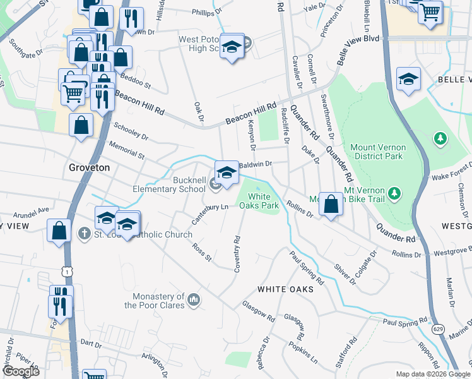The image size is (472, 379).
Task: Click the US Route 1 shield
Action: pos(66,270)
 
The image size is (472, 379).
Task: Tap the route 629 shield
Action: pos(437,329)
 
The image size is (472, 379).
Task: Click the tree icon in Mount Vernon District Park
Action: pos(440,138)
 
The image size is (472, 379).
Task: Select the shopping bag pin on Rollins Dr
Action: pos(330,204)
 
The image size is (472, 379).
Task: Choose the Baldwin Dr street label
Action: pos(256,164)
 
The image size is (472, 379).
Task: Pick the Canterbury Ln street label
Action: pos(209,214)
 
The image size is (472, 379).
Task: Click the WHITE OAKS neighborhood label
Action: pos(285,289)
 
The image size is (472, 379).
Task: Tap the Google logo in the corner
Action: pos(20,371)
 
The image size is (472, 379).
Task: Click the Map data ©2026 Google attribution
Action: pos(432,374)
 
